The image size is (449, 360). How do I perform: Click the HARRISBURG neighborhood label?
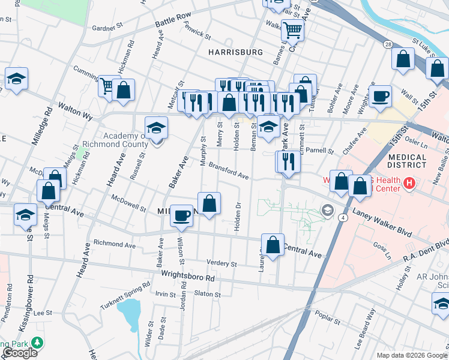click(x=235, y=52)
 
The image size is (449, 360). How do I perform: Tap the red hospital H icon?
click(x=409, y=182)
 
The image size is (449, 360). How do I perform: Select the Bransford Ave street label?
click(x=229, y=172)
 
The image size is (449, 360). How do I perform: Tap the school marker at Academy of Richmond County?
click(x=156, y=128)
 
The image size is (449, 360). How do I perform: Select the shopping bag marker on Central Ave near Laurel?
click(x=273, y=245)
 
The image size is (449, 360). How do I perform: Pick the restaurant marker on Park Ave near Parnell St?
click(x=288, y=161)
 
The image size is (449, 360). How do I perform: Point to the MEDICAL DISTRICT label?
click(x=406, y=161)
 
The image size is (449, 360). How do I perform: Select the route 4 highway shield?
click(x=342, y=217)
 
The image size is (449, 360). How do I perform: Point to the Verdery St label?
click(x=222, y=263)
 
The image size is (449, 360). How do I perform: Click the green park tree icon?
click(x=38, y=343)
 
